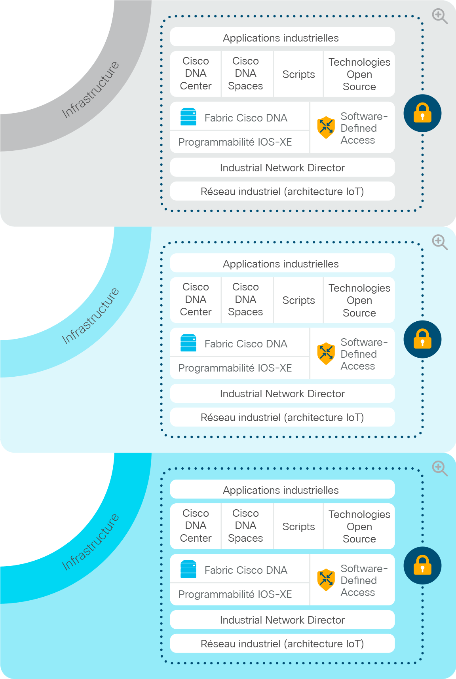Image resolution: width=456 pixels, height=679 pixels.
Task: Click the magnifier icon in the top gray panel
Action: (440, 16)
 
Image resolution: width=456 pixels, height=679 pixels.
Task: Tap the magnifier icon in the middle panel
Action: (440, 242)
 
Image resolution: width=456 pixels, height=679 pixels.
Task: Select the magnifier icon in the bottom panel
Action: (440, 468)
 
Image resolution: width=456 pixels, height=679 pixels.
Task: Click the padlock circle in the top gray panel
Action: (422, 113)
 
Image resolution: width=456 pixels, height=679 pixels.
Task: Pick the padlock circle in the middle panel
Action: (422, 339)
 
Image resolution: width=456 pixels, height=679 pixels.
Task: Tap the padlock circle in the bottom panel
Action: (422, 565)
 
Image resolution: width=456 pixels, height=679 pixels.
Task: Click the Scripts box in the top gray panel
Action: (298, 74)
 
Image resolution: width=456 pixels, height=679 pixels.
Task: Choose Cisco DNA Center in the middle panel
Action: (196, 300)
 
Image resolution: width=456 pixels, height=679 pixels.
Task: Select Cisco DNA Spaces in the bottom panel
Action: (245, 525)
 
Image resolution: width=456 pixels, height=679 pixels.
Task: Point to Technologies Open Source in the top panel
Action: (359, 74)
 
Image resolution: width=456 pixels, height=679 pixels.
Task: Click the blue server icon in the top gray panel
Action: (188, 117)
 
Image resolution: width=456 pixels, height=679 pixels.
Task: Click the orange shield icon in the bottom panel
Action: (326, 580)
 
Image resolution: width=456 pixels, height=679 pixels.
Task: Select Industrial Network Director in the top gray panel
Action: (282, 168)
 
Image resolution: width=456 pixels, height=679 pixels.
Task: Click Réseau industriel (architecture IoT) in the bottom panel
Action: (282, 644)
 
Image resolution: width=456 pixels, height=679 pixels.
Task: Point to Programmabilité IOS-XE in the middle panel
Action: (235, 368)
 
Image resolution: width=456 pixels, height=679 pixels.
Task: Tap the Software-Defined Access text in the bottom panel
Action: (364, 580)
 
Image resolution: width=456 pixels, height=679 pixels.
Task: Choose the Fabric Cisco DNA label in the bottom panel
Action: (246, 570)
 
